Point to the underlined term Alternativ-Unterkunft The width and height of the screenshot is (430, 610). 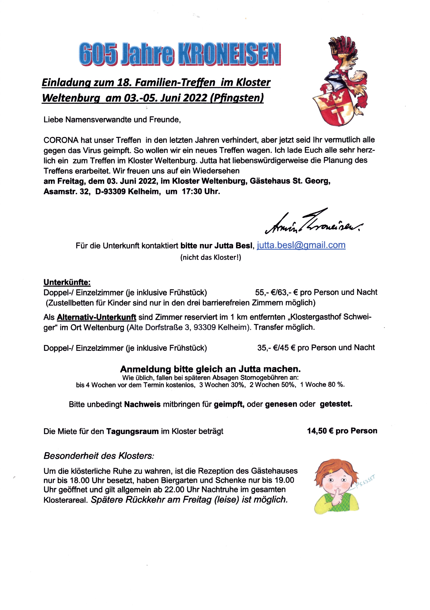(x=96, y=317)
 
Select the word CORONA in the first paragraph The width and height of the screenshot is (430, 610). (x=61, y=140)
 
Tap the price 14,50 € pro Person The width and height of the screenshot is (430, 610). (x=342, y=431)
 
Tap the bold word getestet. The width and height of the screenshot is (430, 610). (x=336, y=404)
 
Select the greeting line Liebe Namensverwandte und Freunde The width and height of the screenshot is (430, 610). (x=112, y=120)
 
